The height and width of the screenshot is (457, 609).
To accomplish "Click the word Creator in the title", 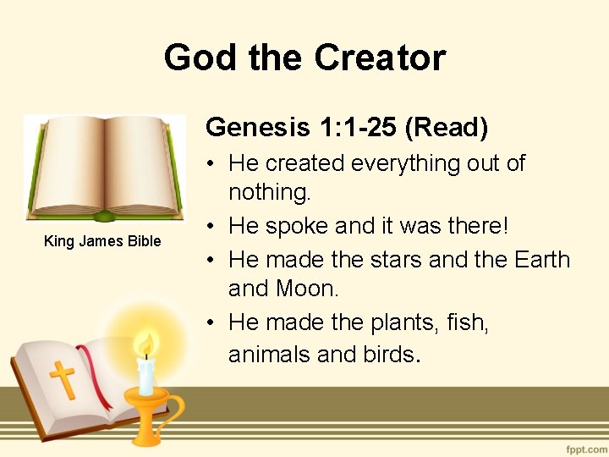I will [380, 58].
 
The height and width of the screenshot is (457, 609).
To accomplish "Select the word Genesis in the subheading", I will [259, 127].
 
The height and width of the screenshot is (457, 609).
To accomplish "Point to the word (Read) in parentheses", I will [446, 127].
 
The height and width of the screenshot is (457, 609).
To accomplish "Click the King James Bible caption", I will [102, 241].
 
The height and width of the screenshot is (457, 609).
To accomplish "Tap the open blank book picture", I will [104, 168].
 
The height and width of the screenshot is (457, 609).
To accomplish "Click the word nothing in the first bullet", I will [270, 193].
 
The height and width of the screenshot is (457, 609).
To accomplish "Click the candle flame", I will [146, 344].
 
